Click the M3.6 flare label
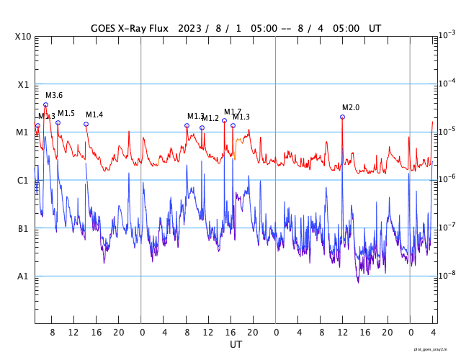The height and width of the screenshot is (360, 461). (x=54, y=95)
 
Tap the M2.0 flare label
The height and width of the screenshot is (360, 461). (x=351, y=107)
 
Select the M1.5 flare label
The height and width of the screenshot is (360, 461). (x=66, y=113)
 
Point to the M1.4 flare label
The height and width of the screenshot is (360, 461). (x=94, y=114)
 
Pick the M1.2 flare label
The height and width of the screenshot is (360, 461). (x=210, y=118)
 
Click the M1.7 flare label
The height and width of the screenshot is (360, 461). (x=233, y=112)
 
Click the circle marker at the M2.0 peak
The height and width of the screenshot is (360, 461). (x=342, y=117)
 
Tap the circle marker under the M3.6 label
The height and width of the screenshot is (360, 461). (x=45, y=104)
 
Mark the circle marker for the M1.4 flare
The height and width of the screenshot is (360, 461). (x=86, y=124)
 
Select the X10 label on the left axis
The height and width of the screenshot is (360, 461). (x=23, y=37)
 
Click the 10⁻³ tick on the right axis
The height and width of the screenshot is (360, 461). (x=447, y=35)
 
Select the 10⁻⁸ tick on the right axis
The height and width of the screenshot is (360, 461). (x=447, y=275)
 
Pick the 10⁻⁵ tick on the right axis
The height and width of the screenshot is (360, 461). (x=447, y=131)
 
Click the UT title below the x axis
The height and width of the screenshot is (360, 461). (x=236, y=344)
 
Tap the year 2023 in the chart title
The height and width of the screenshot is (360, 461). (x=187, y=29)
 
